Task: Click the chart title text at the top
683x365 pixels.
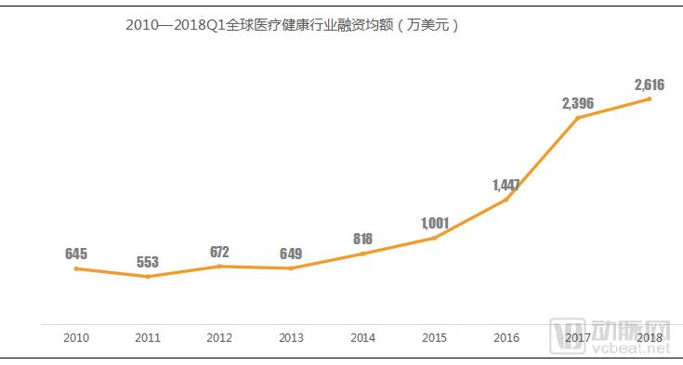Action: [294, 26]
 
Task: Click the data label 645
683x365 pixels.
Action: [76, 254]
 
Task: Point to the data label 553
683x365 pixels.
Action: [148, 261]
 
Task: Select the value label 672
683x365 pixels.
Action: [219, 252]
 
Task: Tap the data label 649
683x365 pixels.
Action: [291, 254]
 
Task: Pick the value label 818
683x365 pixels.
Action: [362, 239]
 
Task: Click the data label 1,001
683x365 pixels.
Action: [434, 223]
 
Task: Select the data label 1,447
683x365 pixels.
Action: [506, 185]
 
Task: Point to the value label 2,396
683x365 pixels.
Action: [577, 102]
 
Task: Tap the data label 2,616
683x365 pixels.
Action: [649, 85]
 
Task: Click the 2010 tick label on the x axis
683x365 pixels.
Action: [76, 337]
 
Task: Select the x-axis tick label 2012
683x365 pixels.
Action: [219, 337]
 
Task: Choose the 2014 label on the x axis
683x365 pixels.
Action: [362, 337]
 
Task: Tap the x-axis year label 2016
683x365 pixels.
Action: [506, 337]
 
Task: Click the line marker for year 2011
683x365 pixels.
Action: [148, 277]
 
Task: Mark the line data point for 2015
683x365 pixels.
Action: [434, 239]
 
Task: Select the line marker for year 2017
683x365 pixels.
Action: [577, 118]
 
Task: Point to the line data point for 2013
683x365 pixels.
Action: [291, 268]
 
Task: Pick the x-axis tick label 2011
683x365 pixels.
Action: [148, 337]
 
